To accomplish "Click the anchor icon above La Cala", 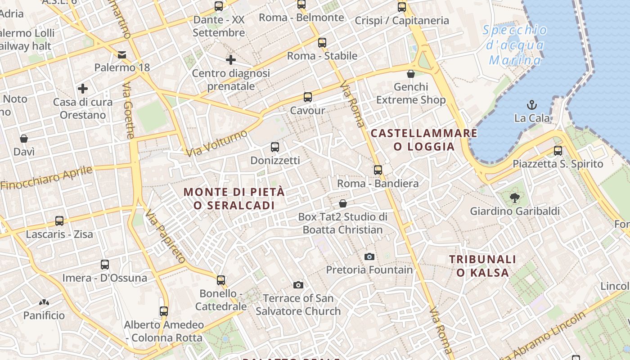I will [x=532, y=105].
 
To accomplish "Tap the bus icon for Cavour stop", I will [x=308, y=97].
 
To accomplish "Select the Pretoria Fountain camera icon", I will [x=369, y=256].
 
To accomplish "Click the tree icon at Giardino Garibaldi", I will [x=515, y=198].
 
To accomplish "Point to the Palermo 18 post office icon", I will [x=122, y=55].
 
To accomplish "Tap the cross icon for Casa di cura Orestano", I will [x=83, y=89].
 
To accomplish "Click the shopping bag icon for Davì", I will [x=24, y=139].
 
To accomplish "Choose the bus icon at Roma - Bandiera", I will [x=378, y=170].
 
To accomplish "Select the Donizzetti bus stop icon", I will [x=275, y=147].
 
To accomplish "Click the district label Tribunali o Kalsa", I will [x=482, y=265].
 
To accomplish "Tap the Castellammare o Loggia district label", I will [x=424, y=140].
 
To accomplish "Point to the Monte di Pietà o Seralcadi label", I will [x=234, y=198].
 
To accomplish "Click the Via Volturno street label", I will [x=217, y=144].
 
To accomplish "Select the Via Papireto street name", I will [x=165, y=237].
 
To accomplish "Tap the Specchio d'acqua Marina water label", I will [x=515, y=45].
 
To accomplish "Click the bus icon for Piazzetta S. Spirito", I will [x=558, y=151].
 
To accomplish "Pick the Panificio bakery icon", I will [x=44, y=302].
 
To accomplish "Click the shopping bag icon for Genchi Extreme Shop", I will [x=410, y=74].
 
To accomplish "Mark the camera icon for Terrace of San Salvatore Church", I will [x=298, y=285].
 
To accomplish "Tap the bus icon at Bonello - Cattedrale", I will [x=221, y=280].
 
